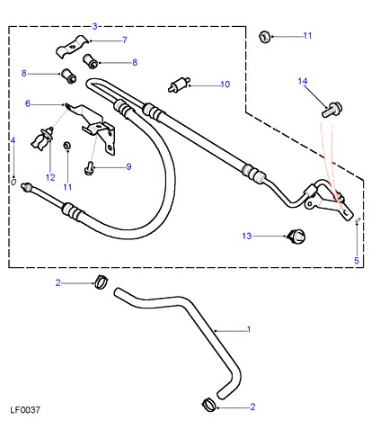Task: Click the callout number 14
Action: pyautogui.click(x=303, y=81)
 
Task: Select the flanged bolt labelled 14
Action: pyautogui.click(x=332, y=110)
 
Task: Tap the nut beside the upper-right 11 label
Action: pyautogui.click(x=265, y=37)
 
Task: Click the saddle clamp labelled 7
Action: pyautogui.click(x=72, y=47)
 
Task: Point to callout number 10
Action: pyautogui.click(x=225, y=85)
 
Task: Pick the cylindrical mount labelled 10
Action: pyautogui.click(x=180, y=85)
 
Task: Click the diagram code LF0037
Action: pyautogui.click(x=25, y=409)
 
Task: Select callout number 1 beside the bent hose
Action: pyautogui.click(x=248, y=329)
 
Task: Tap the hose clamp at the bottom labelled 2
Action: pyautogui.click(x=209, y=405)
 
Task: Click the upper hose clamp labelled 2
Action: pyautogui.click(x=102, y=282)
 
